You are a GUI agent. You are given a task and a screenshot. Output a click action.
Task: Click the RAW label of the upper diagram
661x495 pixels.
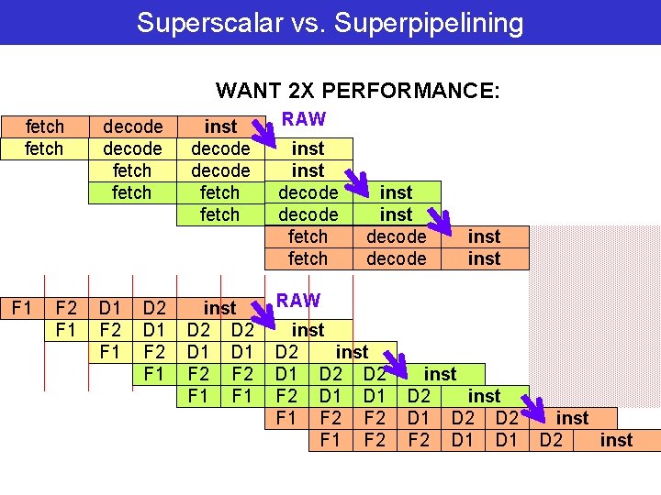tap(303, 119)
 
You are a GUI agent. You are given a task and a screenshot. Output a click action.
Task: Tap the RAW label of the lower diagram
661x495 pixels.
tap(298, 301)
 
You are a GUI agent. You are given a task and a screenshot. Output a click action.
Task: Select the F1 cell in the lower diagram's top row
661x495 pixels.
tap(22, 307)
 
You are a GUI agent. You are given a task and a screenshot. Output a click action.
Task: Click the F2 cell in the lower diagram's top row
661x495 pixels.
tap(66, 307)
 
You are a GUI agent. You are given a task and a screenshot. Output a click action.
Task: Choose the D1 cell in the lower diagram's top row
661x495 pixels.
tap(111, 307)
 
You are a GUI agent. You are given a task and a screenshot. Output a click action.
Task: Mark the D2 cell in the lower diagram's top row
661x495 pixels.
tap(154, 307)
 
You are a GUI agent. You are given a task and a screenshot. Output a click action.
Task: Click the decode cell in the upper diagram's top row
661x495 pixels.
tap(132, 126)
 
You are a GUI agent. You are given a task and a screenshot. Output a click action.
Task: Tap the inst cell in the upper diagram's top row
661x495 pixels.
tap(220, 126)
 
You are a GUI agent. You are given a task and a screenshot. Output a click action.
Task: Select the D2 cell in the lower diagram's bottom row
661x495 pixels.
tap(551, 440)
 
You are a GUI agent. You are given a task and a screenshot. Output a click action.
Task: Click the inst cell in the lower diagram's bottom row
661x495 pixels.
tap(616, 440)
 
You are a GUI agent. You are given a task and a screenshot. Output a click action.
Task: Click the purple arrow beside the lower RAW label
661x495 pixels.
tap(263, 315)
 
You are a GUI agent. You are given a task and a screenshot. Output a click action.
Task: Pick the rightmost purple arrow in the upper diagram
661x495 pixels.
tap(440, 223)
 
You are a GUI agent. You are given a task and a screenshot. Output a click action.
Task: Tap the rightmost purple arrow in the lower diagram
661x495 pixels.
tap(528, 403)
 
